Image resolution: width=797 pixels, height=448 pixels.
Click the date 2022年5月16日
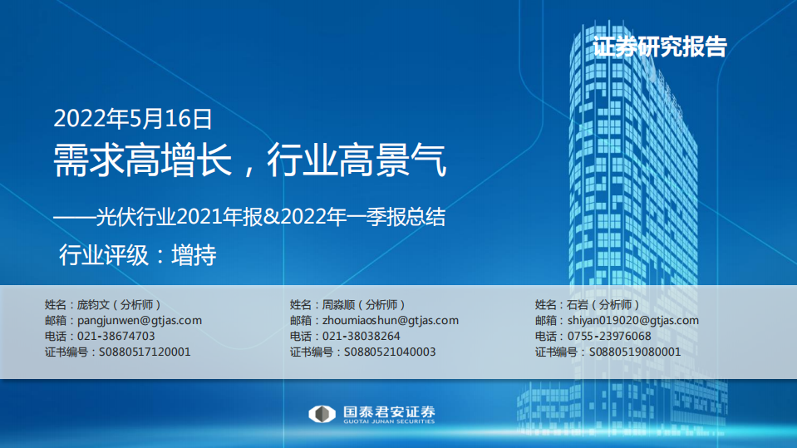[133, 119]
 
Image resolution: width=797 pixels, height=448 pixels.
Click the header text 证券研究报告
[660, 47]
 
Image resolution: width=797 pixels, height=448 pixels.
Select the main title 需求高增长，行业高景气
[250, 160]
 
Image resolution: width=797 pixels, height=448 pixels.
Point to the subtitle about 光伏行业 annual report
[249, 218]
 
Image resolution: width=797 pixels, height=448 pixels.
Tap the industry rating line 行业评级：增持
[137, 255]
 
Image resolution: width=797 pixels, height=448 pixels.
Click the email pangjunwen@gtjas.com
[139, 320]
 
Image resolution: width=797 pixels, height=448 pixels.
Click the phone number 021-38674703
[116, 336]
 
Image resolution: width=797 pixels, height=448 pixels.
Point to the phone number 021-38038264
[361, 336]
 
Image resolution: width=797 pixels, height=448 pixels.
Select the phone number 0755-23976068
[609, 336]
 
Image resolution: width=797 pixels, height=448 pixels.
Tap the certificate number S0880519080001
[635, 352]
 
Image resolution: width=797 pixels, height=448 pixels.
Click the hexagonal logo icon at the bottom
[320, 414]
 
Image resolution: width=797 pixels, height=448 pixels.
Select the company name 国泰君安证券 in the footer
[388, 411]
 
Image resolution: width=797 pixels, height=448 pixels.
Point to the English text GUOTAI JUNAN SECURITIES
[388, 422]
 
